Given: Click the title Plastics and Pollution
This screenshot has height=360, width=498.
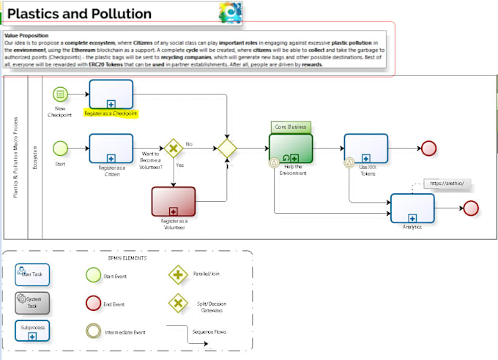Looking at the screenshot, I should (x=80, y=14).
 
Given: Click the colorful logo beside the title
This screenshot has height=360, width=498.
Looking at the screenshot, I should (x=230, y=13).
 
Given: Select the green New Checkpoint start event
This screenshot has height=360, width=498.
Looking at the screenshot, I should (x=60, y=94).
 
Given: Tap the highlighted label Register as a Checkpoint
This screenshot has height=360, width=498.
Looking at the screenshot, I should (x=111, y=114).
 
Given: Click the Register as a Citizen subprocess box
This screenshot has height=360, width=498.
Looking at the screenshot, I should (x=111, y=148).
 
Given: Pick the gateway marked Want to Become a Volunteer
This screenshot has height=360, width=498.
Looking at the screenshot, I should (x=174, y=149).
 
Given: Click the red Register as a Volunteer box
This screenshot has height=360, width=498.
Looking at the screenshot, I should (x=174, y=201).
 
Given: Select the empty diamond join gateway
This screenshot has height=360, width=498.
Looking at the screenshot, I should (x=227, y=149).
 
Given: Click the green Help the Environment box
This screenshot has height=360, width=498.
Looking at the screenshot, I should (x=291, y=149).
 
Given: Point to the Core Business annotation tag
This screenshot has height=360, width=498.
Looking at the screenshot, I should (x=290, y=127).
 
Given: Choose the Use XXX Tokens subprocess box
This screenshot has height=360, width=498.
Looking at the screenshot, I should (x=365, y=149).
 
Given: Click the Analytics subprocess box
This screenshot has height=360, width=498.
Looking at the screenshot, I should (x=412, y=208).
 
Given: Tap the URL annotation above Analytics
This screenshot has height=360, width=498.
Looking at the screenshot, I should (x=447, y=183).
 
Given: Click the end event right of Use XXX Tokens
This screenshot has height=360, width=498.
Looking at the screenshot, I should (x=430, y=148).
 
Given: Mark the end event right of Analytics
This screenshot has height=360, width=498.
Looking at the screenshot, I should (x=471, y=208).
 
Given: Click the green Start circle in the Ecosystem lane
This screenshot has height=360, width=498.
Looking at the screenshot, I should (x=60, y=149).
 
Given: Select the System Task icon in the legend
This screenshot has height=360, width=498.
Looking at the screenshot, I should (x=33, y=301).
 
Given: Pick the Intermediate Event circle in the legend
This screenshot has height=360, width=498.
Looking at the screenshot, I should (x=93, y=331).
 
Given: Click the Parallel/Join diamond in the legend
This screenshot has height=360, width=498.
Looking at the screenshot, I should (x=178, y=275).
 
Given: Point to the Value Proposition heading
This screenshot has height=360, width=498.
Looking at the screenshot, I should (x=26, y=34).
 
